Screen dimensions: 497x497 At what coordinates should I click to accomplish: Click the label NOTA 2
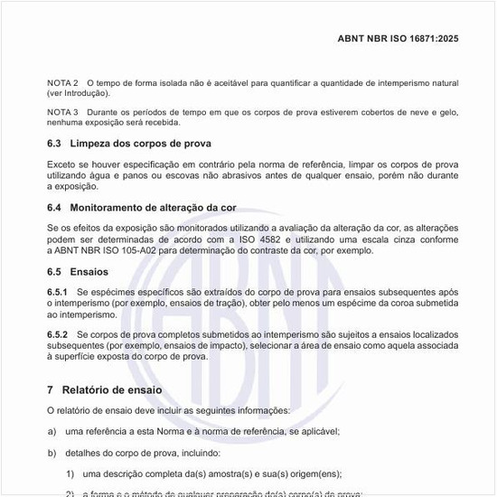62,83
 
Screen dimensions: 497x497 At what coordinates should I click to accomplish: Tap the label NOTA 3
62,112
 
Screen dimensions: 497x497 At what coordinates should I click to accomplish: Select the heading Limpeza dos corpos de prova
141,144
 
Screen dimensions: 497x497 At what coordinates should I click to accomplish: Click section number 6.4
54,208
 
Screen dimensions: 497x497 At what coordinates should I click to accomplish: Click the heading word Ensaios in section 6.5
89,271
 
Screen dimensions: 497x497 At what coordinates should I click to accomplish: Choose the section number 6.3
54,144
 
